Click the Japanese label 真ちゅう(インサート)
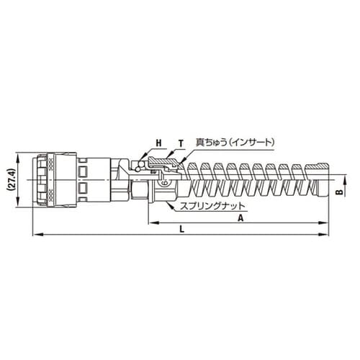236,143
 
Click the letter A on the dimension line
239,217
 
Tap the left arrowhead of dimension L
35,234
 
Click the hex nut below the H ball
138,189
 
